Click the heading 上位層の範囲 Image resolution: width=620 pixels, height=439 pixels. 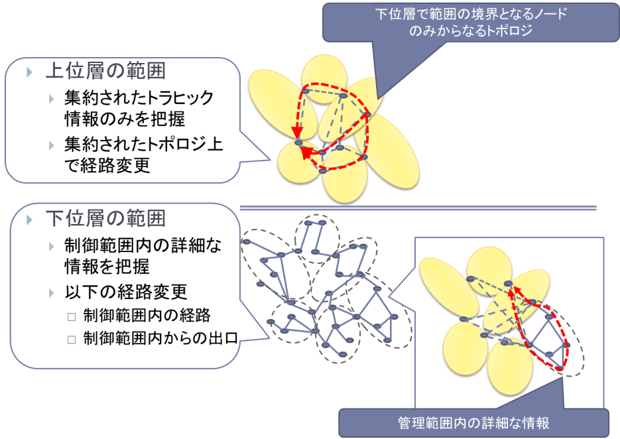point(105,72)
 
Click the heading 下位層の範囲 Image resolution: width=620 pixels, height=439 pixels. point(105,218)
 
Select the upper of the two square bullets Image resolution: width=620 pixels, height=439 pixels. point(72,317)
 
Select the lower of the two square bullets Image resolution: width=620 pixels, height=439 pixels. point(72,340)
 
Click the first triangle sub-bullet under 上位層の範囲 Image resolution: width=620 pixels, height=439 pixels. point(52,99)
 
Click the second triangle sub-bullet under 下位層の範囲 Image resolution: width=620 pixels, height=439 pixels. point(52,293)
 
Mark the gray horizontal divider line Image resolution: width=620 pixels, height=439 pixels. point(418,208)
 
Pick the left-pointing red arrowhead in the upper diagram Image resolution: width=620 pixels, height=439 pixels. point(306,155)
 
